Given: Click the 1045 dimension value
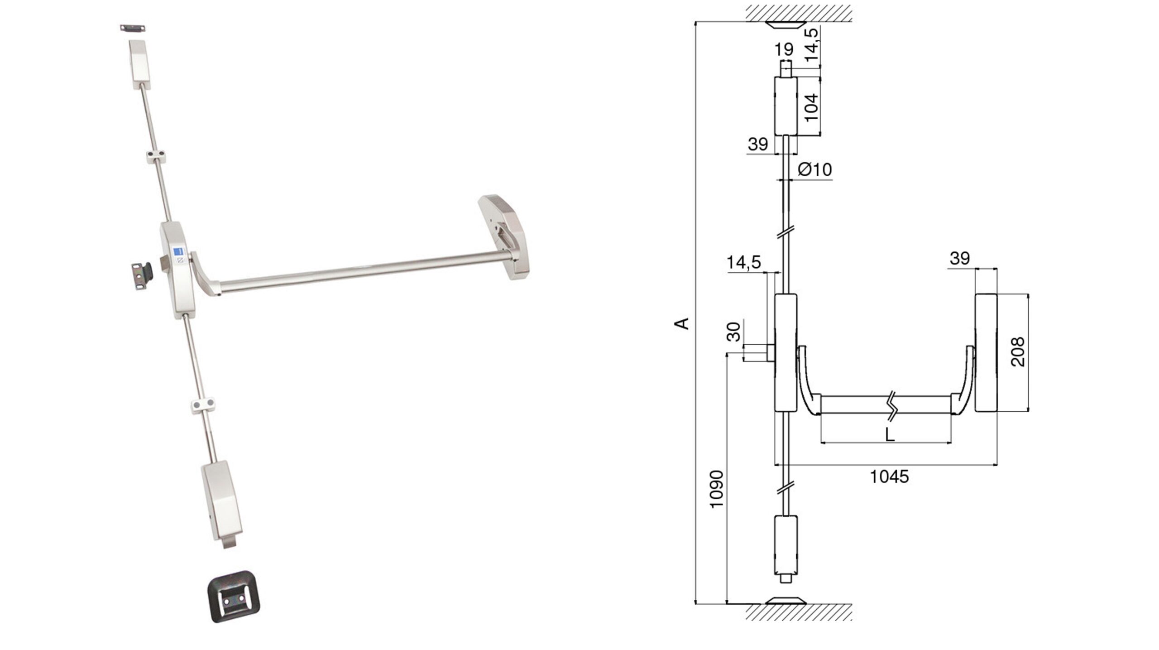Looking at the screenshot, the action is pyautogui.click(x=889, y=477).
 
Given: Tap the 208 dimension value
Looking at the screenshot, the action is pyautogui.click(x=1017, y=351).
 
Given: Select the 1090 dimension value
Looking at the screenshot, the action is pyautogui.click(x=717, y=489).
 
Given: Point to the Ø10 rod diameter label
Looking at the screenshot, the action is pyautogui.click(x=815, y=169).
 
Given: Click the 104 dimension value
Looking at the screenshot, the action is pyautogui.click(x=812, y=107).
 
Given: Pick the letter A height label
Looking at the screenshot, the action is pyautogui.click(x=682, y=323).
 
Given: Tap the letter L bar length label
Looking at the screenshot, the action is pyautogui.click(x=890, y=435).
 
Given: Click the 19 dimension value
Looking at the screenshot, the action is pyautogui.click(x=784, y=49).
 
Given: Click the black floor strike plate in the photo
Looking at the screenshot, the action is pyautogui.click(x=234, y=596).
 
